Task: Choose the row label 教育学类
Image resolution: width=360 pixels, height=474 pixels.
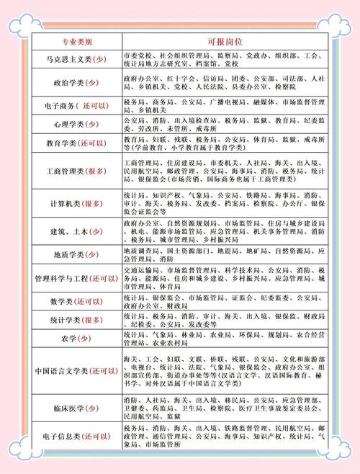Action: (76, 143)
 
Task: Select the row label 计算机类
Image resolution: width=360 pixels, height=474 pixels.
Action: (76, 205)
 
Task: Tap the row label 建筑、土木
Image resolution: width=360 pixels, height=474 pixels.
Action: (76, 233)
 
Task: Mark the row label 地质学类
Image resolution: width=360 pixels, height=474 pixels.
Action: (76, 255)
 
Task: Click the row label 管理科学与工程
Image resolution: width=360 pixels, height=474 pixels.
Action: (76, 277)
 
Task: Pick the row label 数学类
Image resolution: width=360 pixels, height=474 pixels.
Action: (76, 300)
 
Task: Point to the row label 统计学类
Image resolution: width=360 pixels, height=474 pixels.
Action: (76, 319)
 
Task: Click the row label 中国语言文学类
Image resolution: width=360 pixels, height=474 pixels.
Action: (76, 370)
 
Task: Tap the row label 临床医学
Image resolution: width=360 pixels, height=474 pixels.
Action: (76, 407)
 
